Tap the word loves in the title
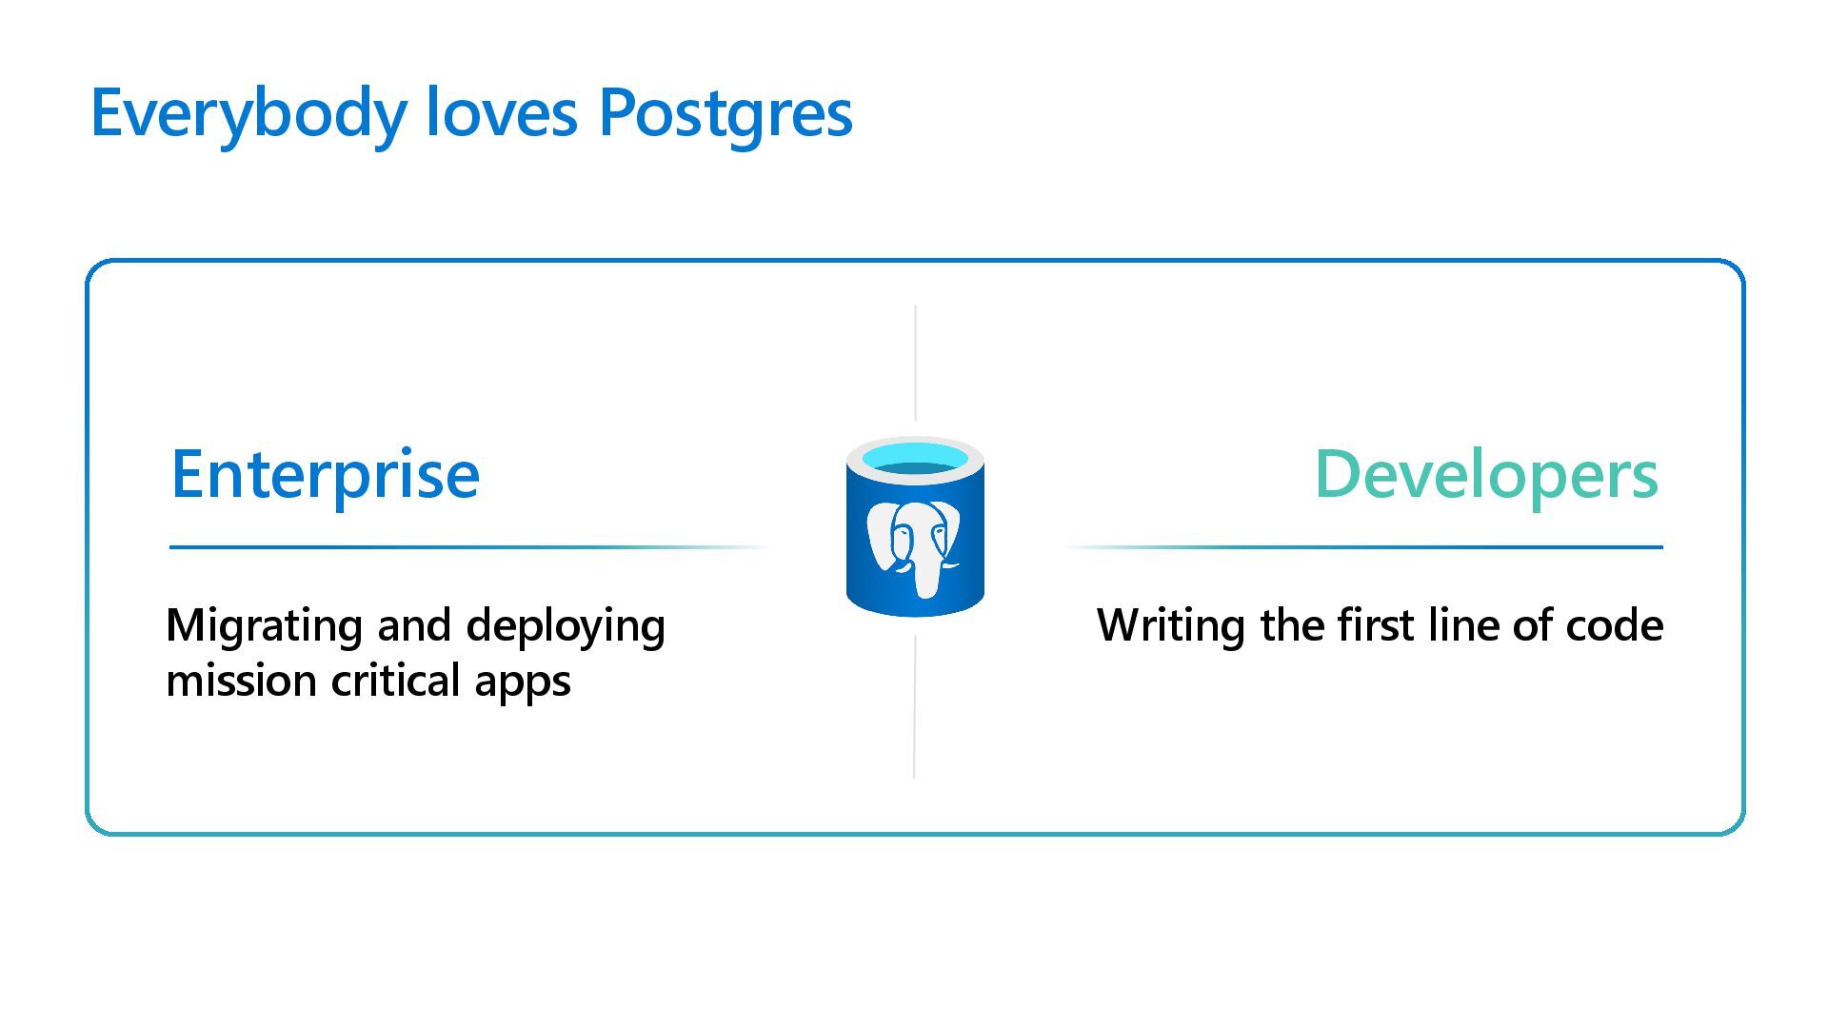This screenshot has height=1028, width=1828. pyautogui.click(x=501, y=112)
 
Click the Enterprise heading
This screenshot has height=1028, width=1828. pyautogui.click(x=325, y=474)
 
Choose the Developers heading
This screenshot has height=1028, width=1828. pyautogui.click(x=1486, y=474)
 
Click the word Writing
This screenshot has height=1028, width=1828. pyautogui.click(x=1170, y=626)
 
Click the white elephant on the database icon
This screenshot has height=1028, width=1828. pyautogui.click(x=912, y=546)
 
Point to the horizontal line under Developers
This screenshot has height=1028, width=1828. pyautogui.click(x=1381, y=547)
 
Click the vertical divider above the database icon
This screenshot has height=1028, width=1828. pyautogui.click(x=915, y=363)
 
